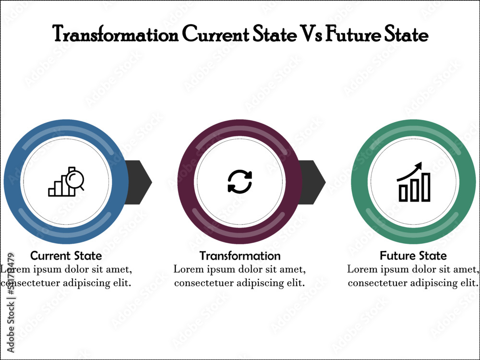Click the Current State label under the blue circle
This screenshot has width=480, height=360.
click(x=66, y=255)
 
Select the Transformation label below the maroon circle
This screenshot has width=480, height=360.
click(x=240, y=255)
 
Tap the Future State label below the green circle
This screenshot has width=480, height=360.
click(x=413, y=255)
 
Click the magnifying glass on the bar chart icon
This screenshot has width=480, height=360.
click(x=75, y=180)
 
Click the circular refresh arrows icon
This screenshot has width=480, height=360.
click(x=240, y=182)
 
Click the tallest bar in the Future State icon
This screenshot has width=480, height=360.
click(x=426, y=187)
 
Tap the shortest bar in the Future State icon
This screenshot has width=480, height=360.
click(x=403, y=193)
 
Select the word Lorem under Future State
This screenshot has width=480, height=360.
click(x=361, y=269)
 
